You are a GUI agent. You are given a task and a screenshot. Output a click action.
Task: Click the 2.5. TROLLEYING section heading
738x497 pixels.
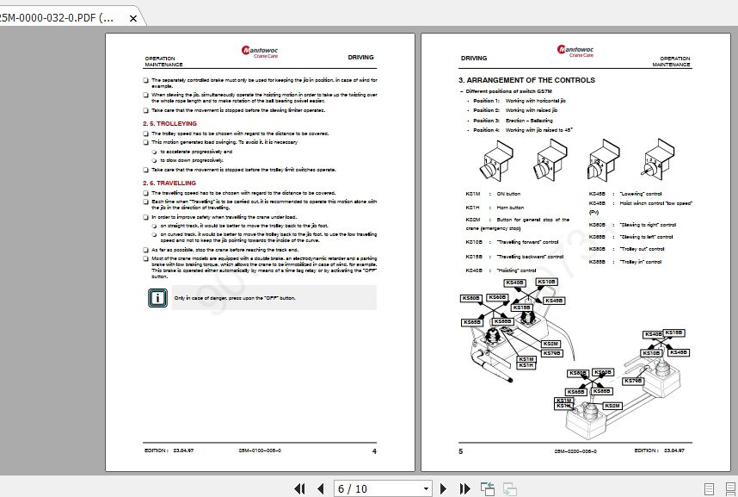pos(169,124)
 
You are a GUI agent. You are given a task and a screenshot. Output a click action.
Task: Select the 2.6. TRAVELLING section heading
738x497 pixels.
pos(169,183)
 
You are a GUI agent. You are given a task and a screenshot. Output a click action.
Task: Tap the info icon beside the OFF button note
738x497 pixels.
pos(157,298)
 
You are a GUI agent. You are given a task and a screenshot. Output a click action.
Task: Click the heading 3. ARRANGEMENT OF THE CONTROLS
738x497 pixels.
pos(526,80)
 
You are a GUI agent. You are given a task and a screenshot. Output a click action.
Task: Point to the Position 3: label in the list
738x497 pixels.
pos(486,121)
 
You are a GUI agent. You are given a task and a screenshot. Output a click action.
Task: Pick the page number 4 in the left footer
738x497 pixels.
pos(373,450)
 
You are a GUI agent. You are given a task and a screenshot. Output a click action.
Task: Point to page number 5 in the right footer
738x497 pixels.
pos(461,450)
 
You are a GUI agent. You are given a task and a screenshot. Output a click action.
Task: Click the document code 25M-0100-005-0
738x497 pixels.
pos(259,450)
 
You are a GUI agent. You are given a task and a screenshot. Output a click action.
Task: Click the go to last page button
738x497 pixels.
pos(464,488)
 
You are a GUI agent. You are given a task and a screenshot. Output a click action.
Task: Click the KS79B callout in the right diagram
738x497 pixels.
pos(633,381)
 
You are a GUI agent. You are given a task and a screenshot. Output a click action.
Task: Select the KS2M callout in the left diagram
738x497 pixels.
pos(550,344)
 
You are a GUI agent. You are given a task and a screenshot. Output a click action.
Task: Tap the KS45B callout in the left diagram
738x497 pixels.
pos(554,301)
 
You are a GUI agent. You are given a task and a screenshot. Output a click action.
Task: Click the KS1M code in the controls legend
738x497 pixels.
pos(472,194)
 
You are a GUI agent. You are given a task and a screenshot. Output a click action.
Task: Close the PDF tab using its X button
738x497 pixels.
pos(132,17)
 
